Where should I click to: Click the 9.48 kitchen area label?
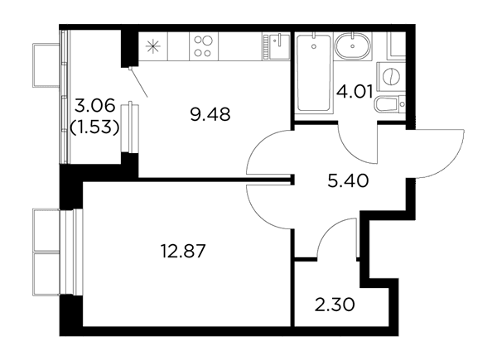(x=210, y=114)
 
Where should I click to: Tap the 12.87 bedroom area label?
(x=184, y=252)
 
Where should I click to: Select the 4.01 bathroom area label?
(x=355, y=92)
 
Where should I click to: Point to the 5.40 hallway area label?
(x=348, y=181)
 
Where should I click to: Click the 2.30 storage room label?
(x=335, y=305)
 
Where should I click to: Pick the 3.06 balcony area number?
(x=94, y=105)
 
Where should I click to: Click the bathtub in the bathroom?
(x=314, y=73)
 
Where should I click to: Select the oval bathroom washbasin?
(x=353, y=46)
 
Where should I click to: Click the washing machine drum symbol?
(x=392, y=77)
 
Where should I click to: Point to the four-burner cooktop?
(x=204, y=46)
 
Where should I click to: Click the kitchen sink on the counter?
(x=277, y=46)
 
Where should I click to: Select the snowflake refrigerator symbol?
(x=152, y=46)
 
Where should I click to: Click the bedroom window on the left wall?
(x=71, y=252)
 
